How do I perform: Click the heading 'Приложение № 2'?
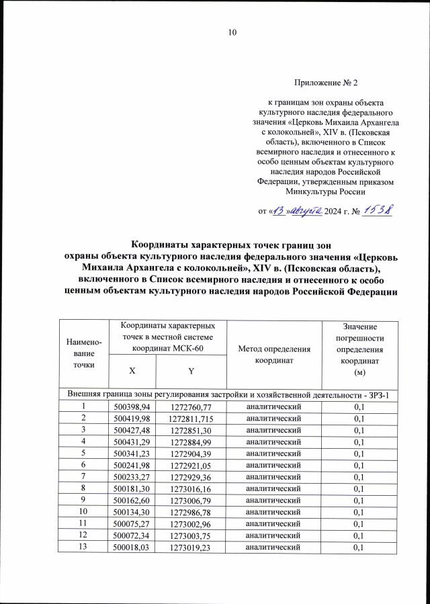[327, 83]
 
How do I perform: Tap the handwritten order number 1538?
[378, 210]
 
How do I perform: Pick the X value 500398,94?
[132, 406]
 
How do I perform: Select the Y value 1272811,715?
[191, 418]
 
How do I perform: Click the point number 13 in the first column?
[84, 548]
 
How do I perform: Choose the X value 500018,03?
[132, 548]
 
